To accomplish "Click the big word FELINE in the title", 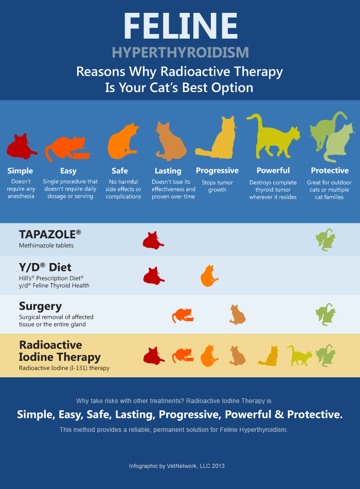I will pos(180,26).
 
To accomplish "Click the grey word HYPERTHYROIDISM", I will pos(180,53).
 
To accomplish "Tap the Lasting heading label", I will pos(168,171).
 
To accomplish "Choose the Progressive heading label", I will pos(218,170).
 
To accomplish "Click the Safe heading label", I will pos(120,171).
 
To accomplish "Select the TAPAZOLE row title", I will pos(50,234).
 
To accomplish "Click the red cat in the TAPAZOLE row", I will pos(153,240).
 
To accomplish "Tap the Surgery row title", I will pos(40,306).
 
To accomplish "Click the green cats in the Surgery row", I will pos(325,314).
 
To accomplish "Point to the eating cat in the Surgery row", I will pos(183,315).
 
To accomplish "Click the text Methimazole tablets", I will pos(46,246).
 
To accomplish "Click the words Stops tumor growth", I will pos(218,186).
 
